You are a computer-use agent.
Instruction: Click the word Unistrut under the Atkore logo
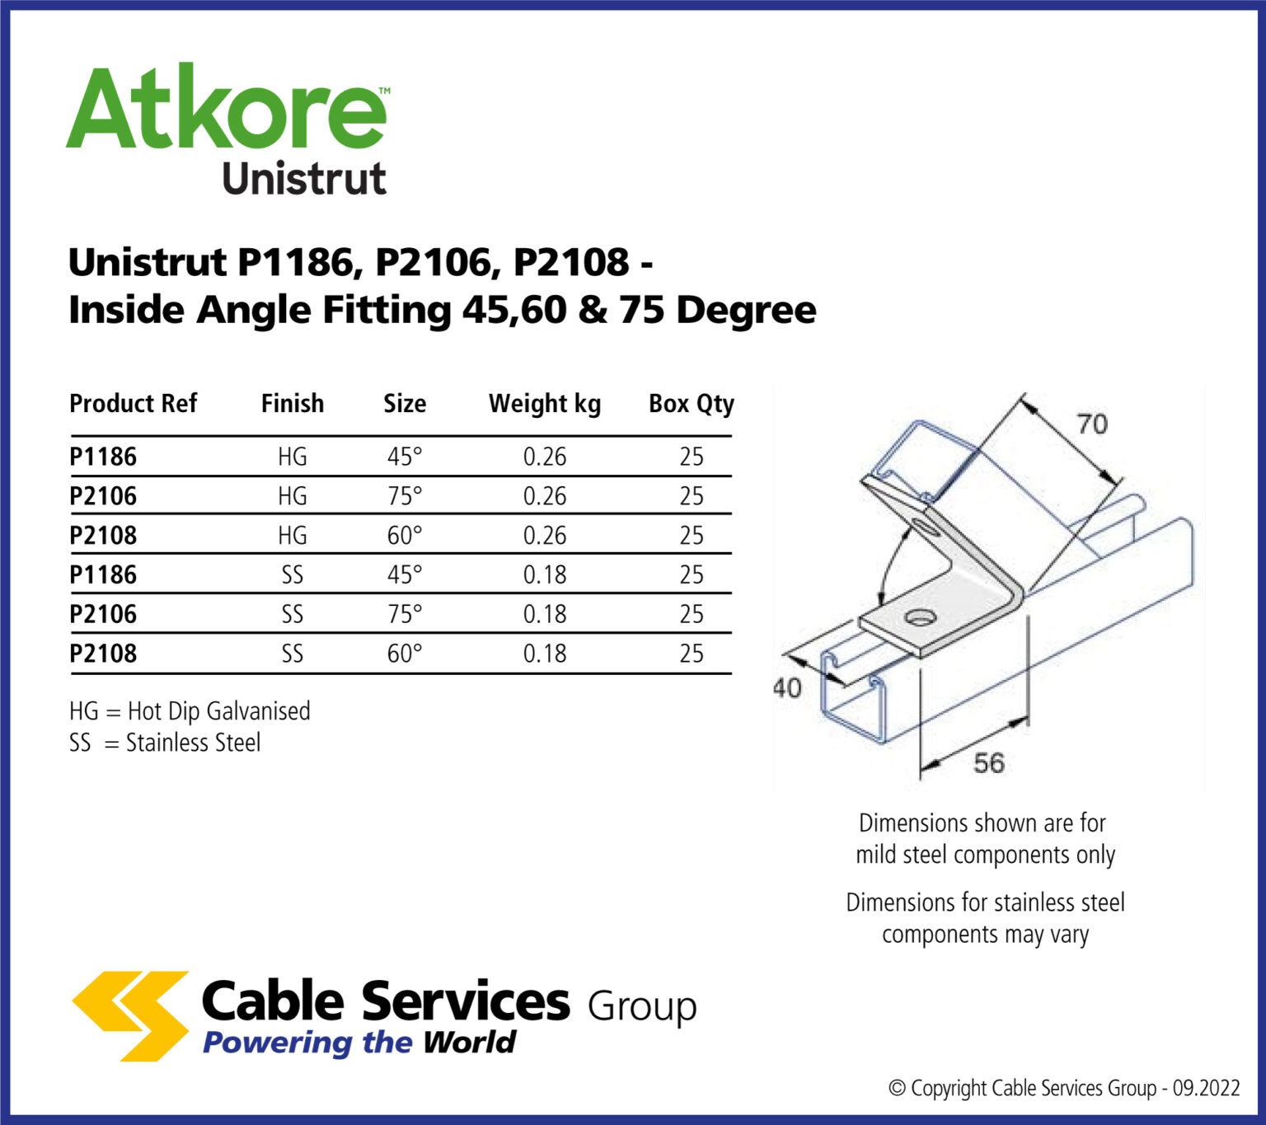tap(303, 179)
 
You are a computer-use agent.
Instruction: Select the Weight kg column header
tap(544, 404)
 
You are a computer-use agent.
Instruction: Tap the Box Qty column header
tap(691, 404)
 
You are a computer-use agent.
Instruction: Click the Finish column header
tap(293, 404)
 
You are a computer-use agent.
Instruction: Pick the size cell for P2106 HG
tap(405, 496)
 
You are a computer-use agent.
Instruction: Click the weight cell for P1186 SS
tap(545, 574)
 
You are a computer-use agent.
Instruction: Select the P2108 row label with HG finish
tap(103, 536)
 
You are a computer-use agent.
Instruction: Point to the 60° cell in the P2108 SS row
tap(405, 654)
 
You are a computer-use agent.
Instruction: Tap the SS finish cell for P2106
tap(293, 614)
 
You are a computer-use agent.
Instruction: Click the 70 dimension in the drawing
tap(1092, 424)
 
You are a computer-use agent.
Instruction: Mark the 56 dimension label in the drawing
tap(988, 763)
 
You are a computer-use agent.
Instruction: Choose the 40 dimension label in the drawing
tap(787, 687)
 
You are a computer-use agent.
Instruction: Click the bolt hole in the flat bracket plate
tap(917, 616)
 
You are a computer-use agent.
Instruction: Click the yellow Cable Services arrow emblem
tap(132, 1015)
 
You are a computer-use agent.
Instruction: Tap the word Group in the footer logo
tap(642, 1007)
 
